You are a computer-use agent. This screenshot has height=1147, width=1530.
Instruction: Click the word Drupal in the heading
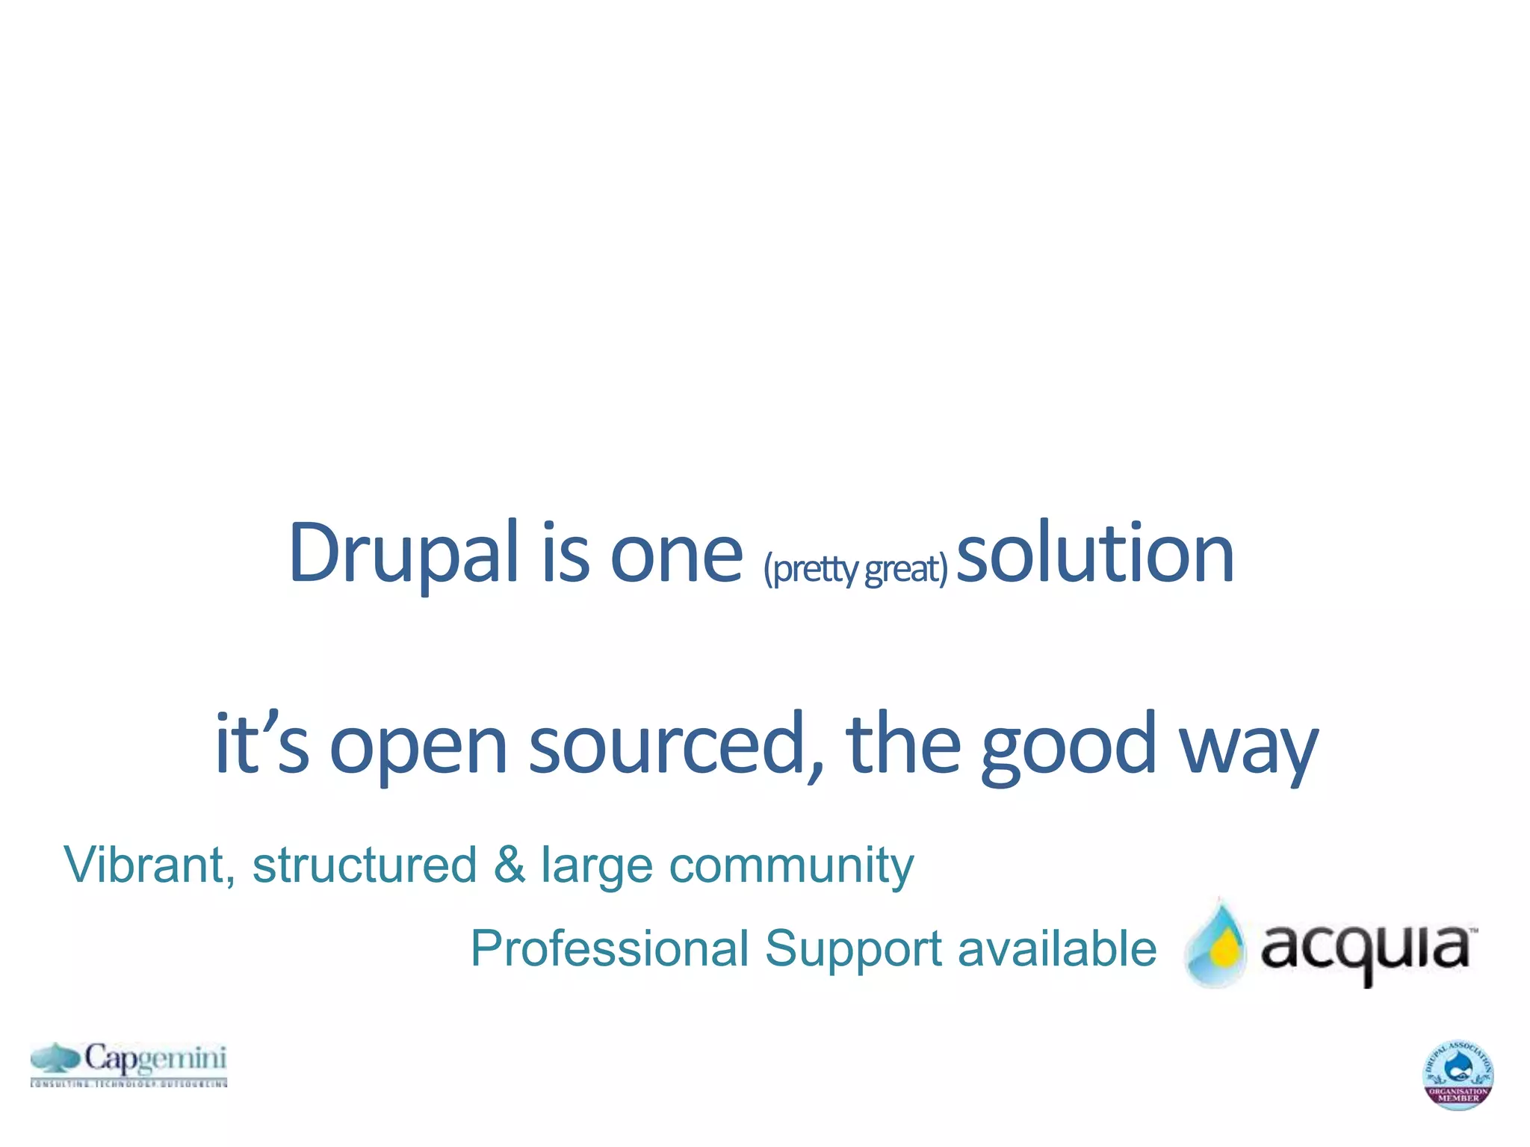click(403, 554)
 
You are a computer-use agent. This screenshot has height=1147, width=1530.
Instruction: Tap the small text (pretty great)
click(855, 569)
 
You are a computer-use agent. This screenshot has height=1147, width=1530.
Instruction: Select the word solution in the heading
click(1095, 554)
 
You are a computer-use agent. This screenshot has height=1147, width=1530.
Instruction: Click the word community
click(791, 866)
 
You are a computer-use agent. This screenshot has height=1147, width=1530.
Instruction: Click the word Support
click(852, 950)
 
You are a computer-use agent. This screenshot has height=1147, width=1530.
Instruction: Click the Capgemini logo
click(128, 1063)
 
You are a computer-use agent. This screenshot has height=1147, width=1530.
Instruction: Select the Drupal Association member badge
click(1457, 1074)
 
